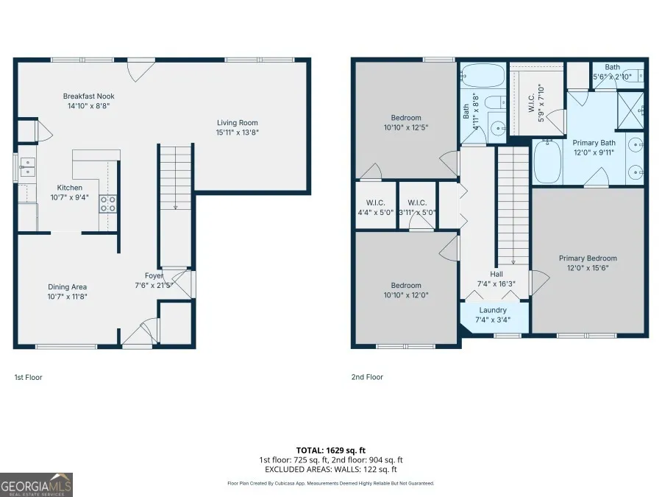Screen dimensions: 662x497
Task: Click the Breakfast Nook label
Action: click(x=89, y=96)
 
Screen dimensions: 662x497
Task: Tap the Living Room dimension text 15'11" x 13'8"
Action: click(x=238, y=133)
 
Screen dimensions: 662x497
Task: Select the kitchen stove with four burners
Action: click(x=108, y=204)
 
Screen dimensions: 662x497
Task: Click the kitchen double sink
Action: click(x=27, y=167)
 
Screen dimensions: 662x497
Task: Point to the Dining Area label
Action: click(x=67, y=287)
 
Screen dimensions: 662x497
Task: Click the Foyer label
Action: click(x=154, y=275)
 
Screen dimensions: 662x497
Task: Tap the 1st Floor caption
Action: click(x=28, y=378)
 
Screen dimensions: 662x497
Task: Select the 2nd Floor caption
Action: click(x=367, y=377)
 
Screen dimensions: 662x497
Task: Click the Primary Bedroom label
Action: click(x=588, y=258)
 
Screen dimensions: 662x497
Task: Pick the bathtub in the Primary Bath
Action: click(x=547, y=162)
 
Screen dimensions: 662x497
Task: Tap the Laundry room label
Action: click(x=493, y=310)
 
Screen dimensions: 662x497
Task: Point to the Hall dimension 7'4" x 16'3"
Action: click(x=496, y=284)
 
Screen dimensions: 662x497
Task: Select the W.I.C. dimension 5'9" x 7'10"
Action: click(x=541, y=102)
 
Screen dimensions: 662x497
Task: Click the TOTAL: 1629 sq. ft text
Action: click(x=330, y=451)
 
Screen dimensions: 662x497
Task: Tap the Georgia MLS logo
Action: click(x=36, y=484)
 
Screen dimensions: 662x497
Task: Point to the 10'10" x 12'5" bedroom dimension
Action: click(x=406, y=127)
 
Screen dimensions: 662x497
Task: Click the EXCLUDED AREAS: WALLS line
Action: click(x=330, y=470)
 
